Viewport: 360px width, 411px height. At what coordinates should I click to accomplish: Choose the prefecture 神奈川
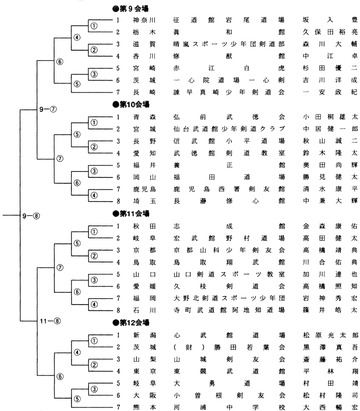point(143,20)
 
